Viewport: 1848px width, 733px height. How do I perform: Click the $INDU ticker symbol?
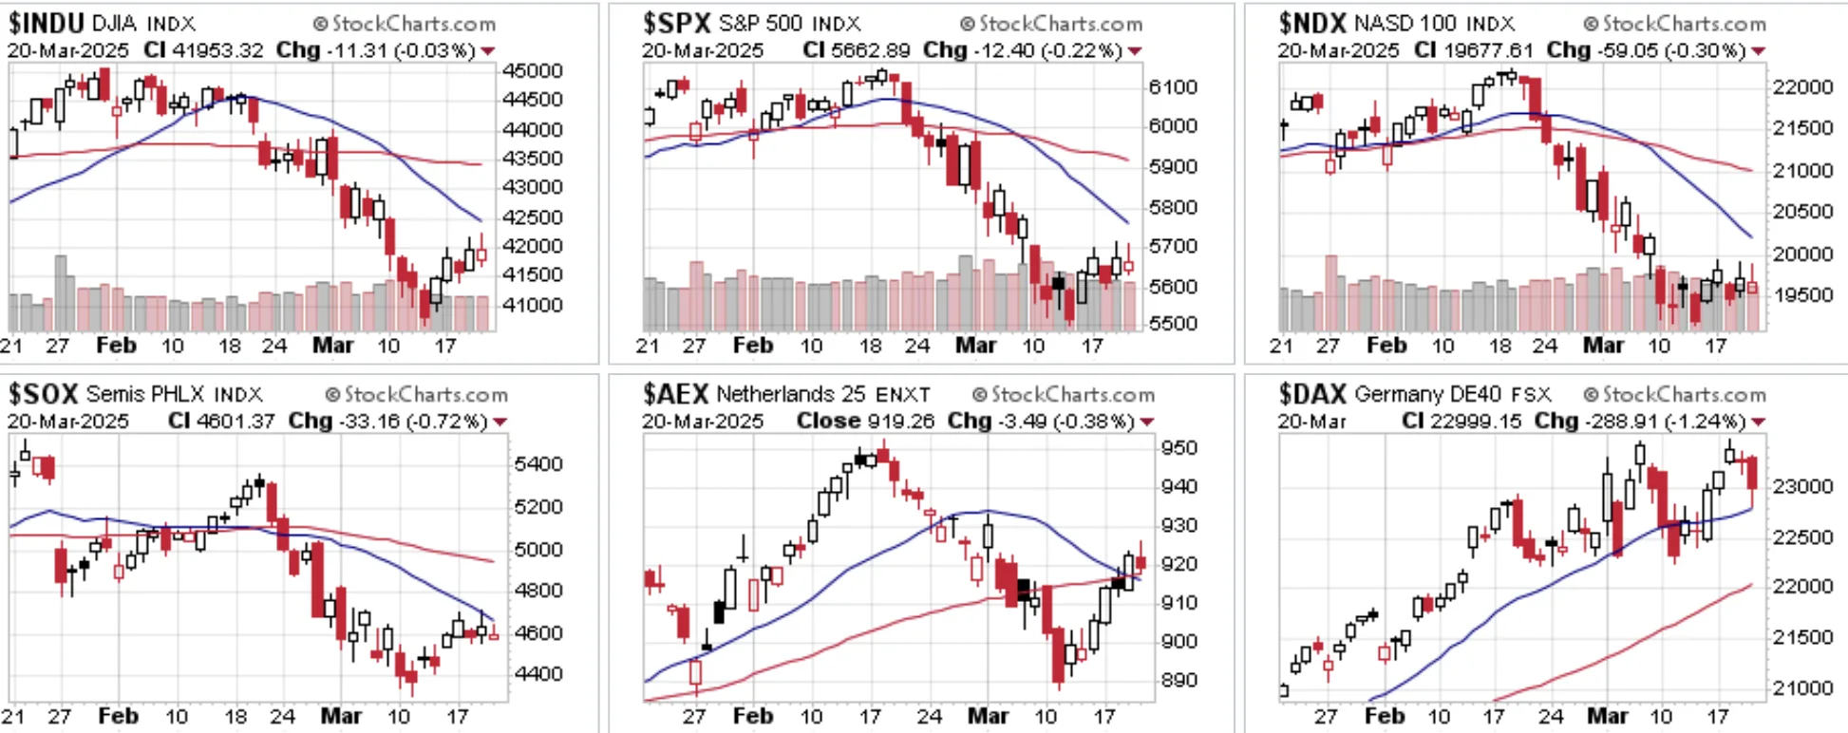pyautogui.click(x=47, y=23)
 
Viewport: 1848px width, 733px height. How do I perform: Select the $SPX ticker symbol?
pyautogui.click(x=676, y=23)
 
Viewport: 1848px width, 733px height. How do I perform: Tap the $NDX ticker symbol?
pyautogui.click(x=1312, y=23)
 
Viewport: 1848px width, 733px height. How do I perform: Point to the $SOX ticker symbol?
pyautogui.click(x=43, y=393)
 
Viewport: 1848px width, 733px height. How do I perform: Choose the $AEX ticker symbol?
pyautogui.click(x=675, y=393)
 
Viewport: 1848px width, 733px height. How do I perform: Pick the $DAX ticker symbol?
pyautogui.click(x=1312, y=393)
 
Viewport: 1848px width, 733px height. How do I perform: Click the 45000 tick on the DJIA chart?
pyautogui.click(x=533, y=71)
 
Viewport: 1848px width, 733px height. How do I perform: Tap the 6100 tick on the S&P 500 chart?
pyautogui.click(x=1173, y=87)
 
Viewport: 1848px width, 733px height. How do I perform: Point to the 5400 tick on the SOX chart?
pyautogui.click(x=538, y=464)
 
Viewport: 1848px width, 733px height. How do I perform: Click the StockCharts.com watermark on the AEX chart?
pyautogui.click(x=1064, y=394)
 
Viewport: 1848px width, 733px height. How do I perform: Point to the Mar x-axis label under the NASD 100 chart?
pyautogui.click(x=1603, y=346)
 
